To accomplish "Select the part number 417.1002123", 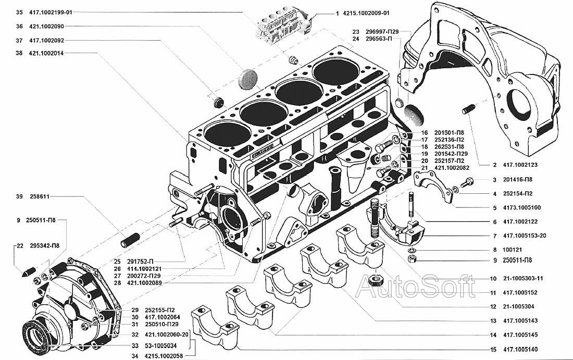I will pos(520,165).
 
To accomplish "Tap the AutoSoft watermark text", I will pos(415,287).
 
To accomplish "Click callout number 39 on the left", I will pos(19,197).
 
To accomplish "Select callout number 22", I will pos(19,245).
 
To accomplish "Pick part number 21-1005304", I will pos(519,306).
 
